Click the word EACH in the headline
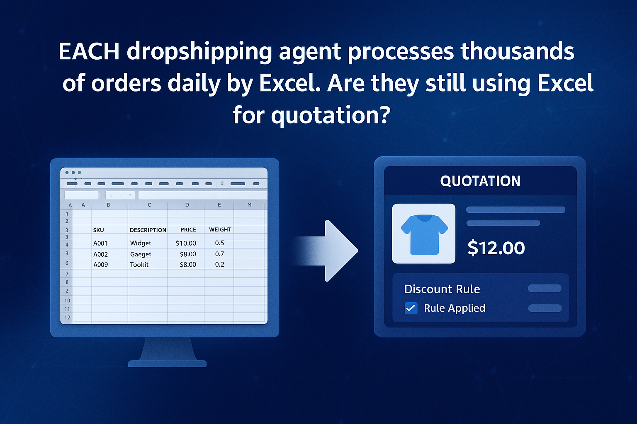[x=89, y=51]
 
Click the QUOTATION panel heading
[x=480, y=181]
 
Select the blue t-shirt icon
[x=424, y=234]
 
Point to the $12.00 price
[x=496, y=248]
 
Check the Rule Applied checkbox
[x=411, y=308]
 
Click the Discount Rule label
[x=442, y=289]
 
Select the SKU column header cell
[x=98, y=230]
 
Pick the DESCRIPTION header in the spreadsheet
[x=148, y=230]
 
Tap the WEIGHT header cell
[x=220, y=229]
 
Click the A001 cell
[x=100, y=243]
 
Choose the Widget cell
[x=141, y=243]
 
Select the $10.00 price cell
[x=186, y=243]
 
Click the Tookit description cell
[x=139, y=265]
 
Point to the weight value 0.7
[x=219, y=254]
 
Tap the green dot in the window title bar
[x=79, y=172]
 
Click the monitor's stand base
[x=167, y=364]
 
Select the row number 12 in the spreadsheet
[x=67, y=318]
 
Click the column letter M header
[x=249, y=205]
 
